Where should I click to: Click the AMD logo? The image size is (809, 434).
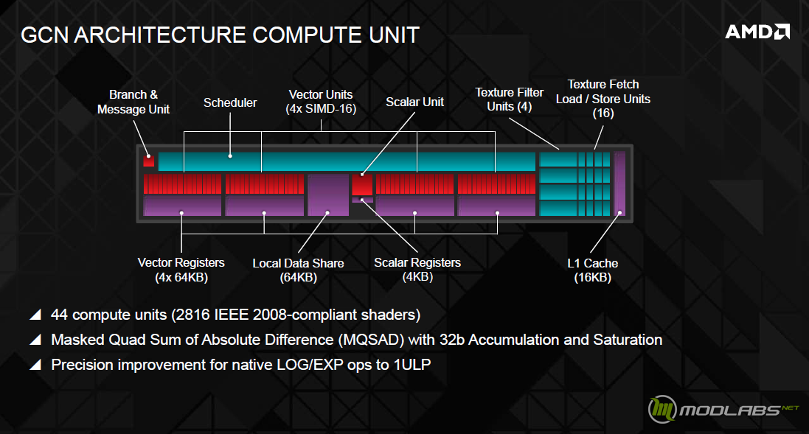tap(757, 32)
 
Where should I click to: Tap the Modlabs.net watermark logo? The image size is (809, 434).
tap(723, 409)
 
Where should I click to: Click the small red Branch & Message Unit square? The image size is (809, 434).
tap(148, 161)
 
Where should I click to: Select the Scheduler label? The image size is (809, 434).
tap(230, 102)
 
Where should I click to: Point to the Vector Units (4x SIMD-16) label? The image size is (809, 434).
tap(321, 102)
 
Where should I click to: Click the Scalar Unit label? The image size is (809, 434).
tap(414, 102)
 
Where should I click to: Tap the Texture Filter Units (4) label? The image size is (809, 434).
tap(510, 99)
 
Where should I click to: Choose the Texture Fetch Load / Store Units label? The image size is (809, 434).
tap(603, 99)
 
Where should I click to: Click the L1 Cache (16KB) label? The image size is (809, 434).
tap(593, 270)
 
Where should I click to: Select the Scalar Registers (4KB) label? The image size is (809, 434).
tap(417, 270)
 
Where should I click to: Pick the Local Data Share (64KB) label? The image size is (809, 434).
tap(298, 270)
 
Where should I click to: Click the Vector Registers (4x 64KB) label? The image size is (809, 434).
tap(181, 270)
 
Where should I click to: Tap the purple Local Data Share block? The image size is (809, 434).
tap(328, 195)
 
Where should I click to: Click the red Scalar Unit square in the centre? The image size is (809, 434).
tap(362, 184)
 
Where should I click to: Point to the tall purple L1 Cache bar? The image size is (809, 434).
tap(619, 183)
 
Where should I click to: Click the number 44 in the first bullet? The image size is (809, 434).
tap(59, 315)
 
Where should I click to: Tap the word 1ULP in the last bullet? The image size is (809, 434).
tap(412, 365)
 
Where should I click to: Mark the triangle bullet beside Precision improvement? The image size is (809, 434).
tap(35, 365)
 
